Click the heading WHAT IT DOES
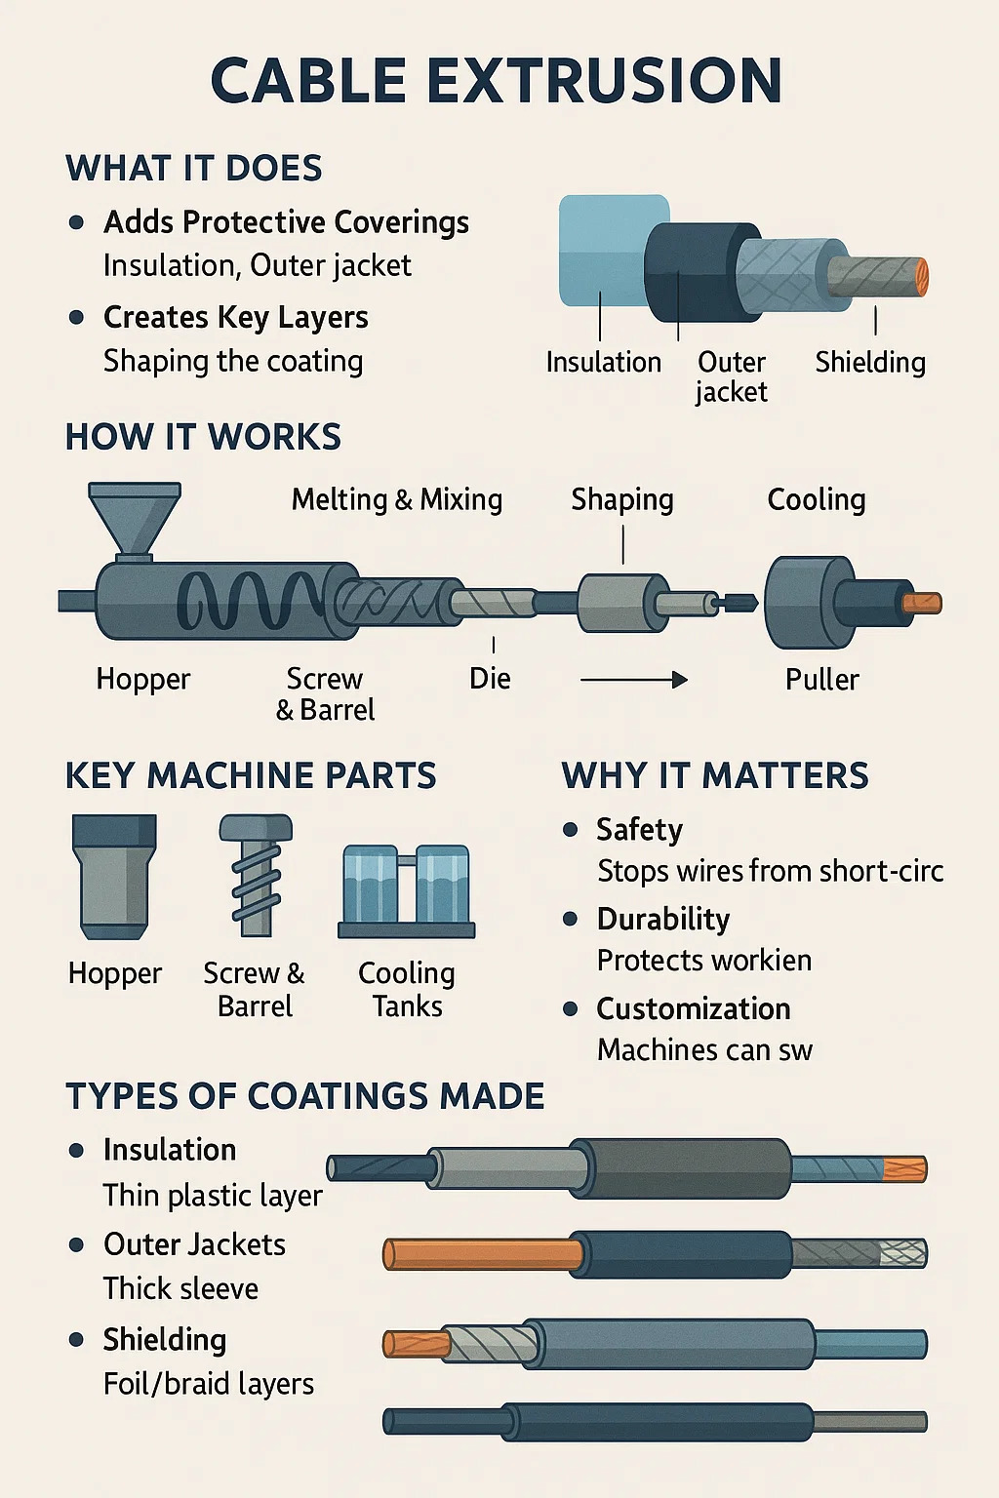tap(193, 169)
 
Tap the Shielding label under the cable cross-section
tap(870, 363)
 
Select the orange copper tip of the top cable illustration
tap(919, 277)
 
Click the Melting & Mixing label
tap(397, 500)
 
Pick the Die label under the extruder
tap(490, 679)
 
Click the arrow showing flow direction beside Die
tap(634, 680)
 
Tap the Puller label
tap(822, 680)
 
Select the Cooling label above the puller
tap(817, 500)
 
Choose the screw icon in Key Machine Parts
tap(256, 875)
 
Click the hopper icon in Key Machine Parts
tap(114, 874)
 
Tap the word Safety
tap(639, 830)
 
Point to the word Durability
tap(663, 920)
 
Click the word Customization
tap(694, 1009)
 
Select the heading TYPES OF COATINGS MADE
tap(304, 1096)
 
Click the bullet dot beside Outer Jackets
tap(77, 1245)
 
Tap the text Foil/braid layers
tap(209, 1384)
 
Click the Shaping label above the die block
tap(622, 500)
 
